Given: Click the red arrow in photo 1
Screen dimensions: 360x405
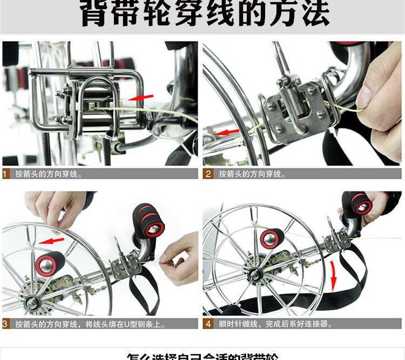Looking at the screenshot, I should point(141,97).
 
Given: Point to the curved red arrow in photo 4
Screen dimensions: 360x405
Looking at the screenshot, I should point(335,273).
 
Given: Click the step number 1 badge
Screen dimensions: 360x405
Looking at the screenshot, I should point(5,174).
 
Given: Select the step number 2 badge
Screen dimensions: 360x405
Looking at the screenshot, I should point(208,174).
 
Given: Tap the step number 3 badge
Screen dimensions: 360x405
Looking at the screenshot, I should point(5,324).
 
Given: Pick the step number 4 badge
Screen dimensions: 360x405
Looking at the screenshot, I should point(208,324).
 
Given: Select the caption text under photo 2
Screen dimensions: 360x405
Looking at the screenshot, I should point(252,174).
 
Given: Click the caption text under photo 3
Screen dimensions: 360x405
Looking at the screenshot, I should point(90,324).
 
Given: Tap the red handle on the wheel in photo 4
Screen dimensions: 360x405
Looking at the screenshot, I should point(272,238).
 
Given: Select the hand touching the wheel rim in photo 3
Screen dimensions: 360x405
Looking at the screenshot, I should point(54,208).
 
